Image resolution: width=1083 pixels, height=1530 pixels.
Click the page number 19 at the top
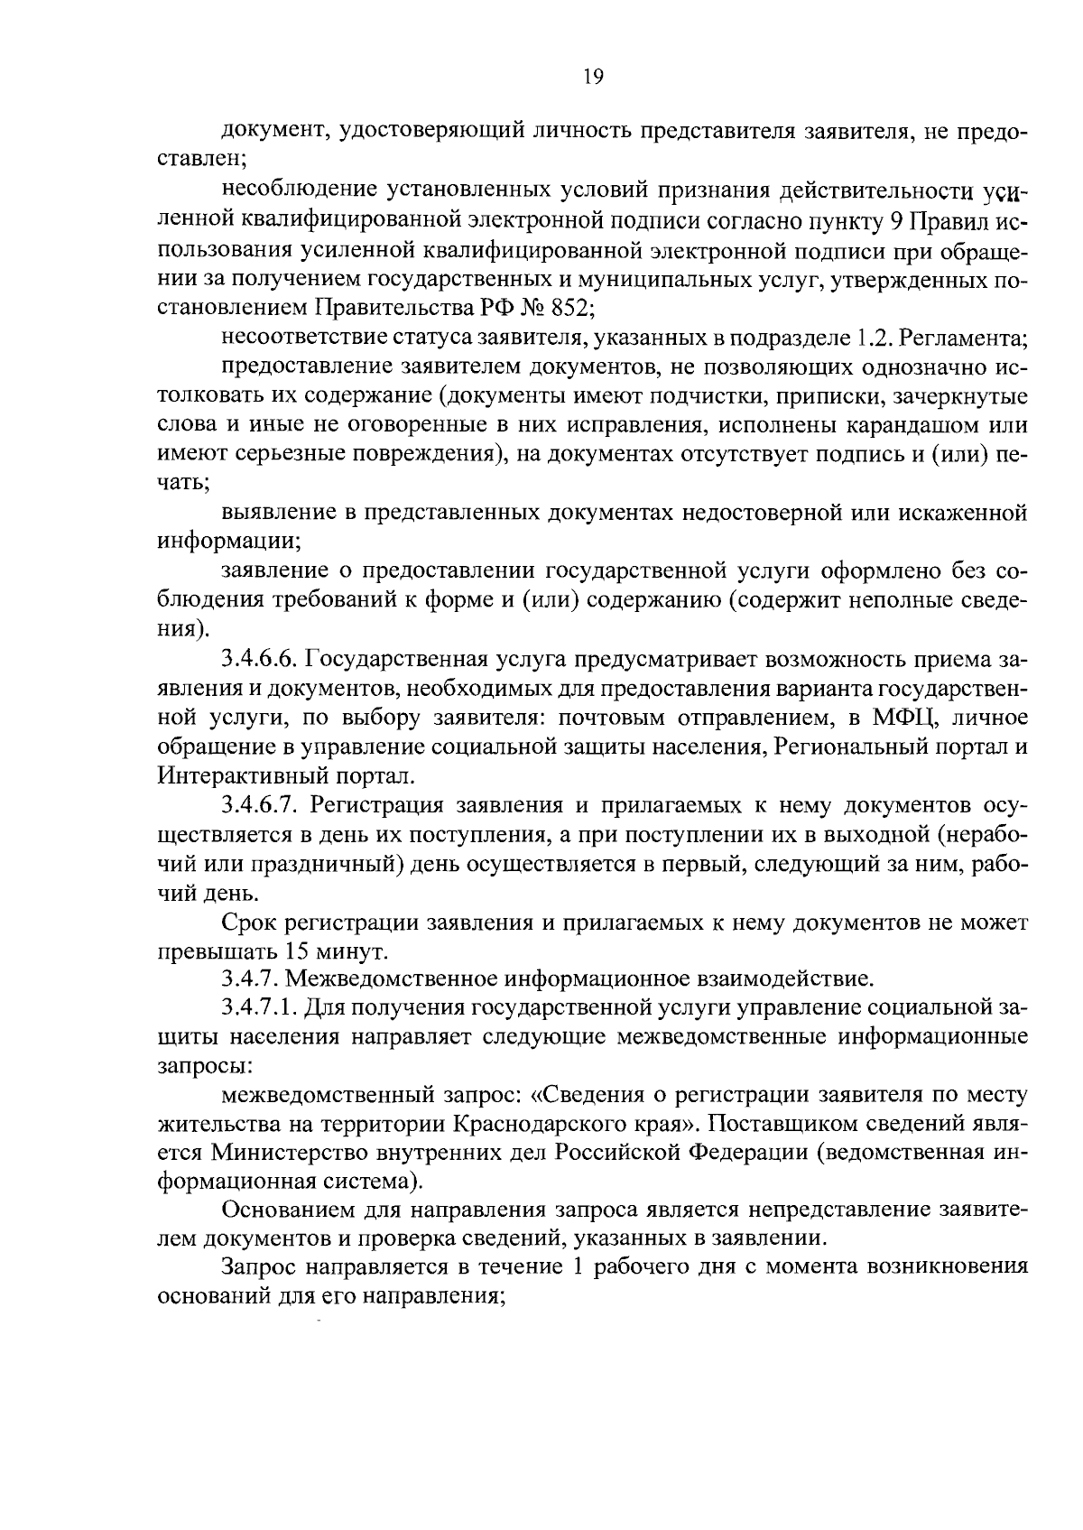click(x=592, y=77)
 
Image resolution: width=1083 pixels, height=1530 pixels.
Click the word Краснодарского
click(x=539, y=1124)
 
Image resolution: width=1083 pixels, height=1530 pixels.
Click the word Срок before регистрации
click(x=249, y=923)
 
